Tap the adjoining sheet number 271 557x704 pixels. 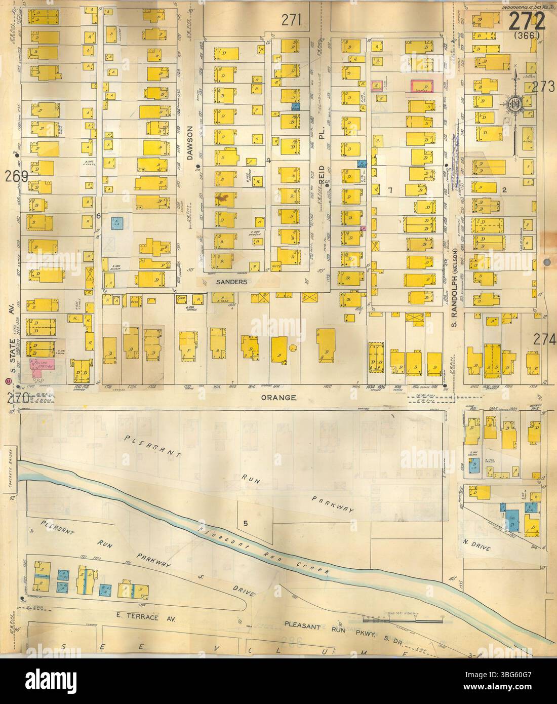291,20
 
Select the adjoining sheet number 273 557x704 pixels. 543,88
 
